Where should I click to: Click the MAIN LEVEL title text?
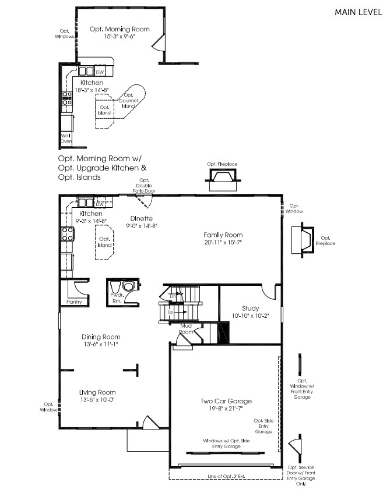(x=357, y=12)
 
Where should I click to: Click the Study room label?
(x=251, y=308)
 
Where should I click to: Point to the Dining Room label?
(x=100, y=337)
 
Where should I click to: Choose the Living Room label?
(x=97, y=392)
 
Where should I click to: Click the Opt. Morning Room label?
(x=120, y=29)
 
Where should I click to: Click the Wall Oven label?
(x=66, y=138)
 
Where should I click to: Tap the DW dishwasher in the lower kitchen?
(x=100, y=204)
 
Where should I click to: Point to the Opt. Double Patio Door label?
(x=144, y=186)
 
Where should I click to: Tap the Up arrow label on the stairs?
(x=170, y=313)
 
